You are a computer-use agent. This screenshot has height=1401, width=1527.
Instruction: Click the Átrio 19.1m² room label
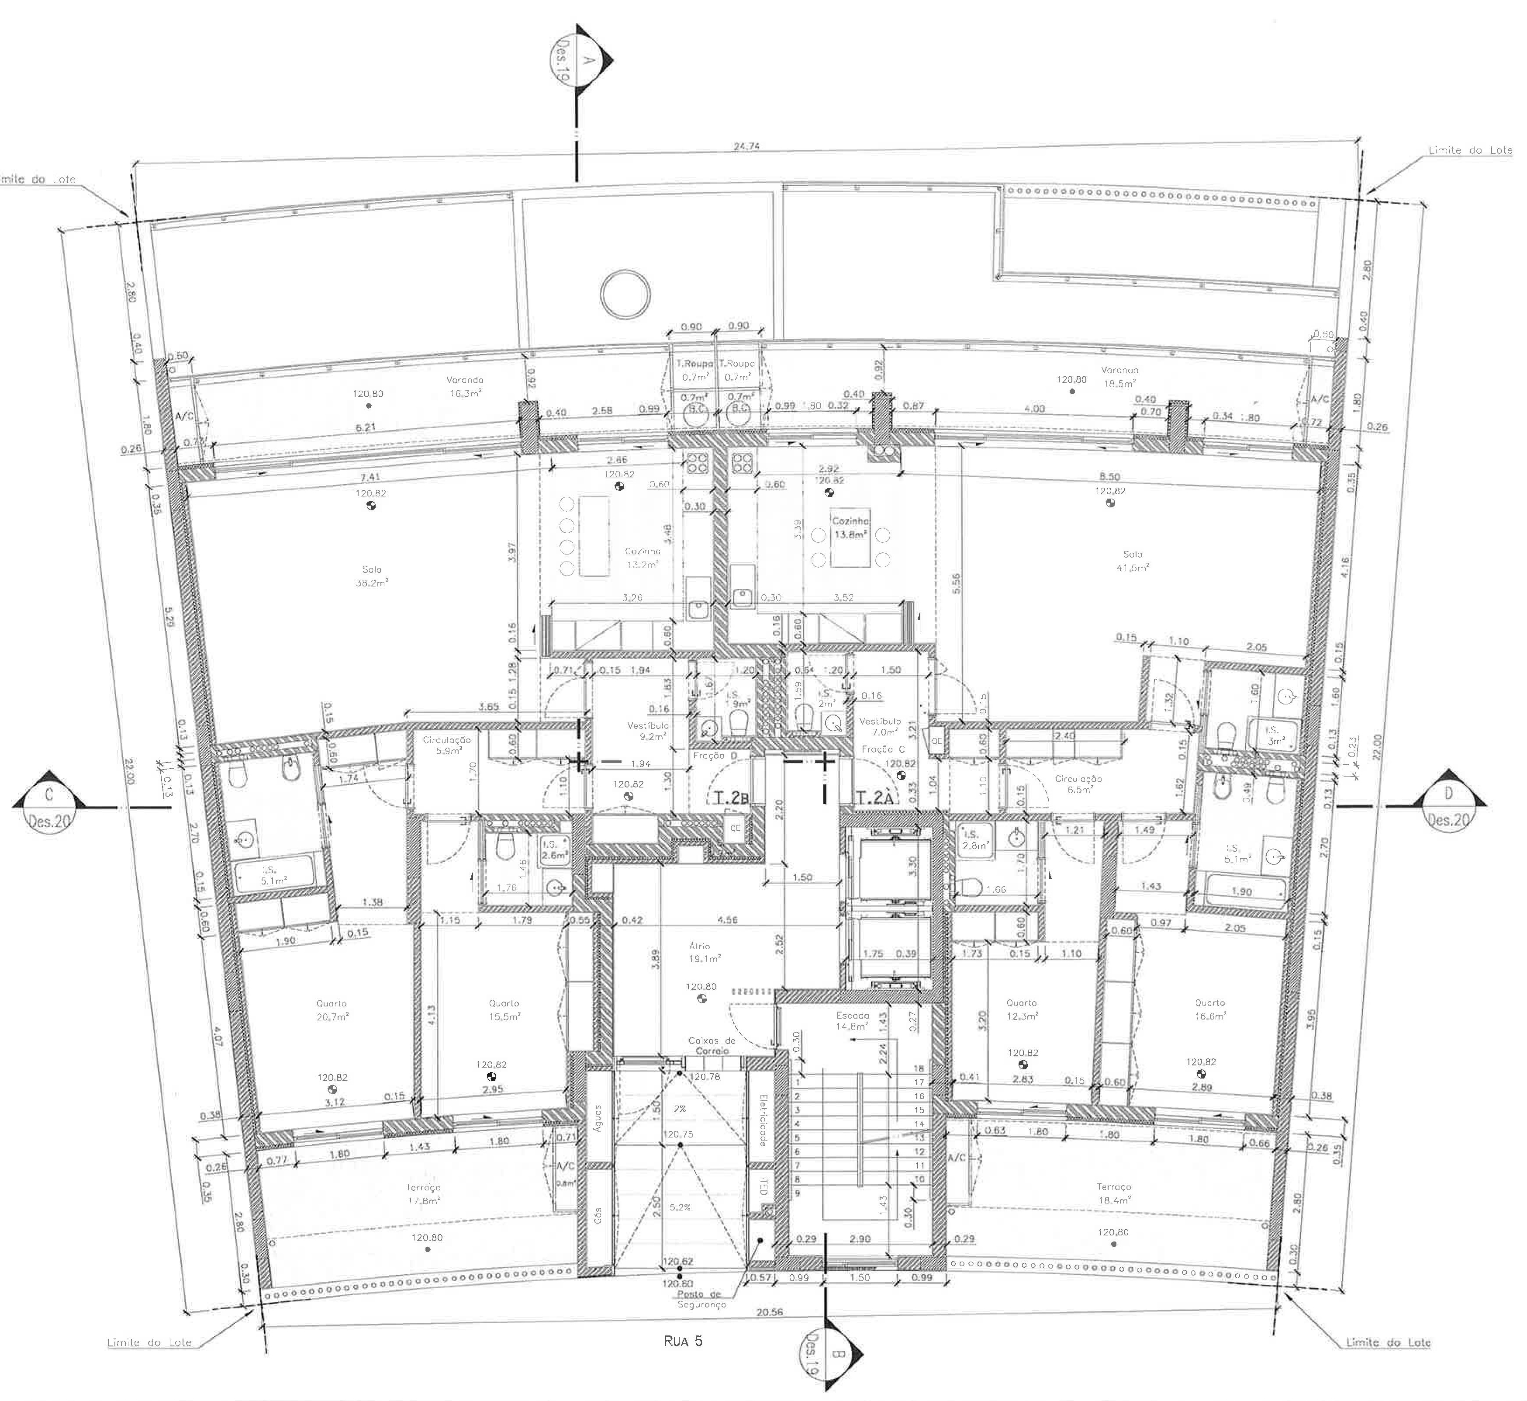click(x=700, y=952)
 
